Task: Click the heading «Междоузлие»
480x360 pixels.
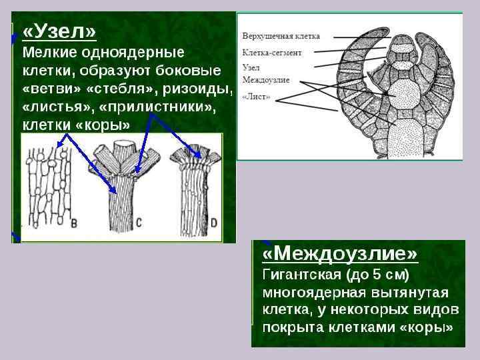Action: point(340,254)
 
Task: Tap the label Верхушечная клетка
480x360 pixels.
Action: point(281,36)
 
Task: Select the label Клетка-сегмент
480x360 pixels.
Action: point(271,51)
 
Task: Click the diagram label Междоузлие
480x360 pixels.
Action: point(265,80)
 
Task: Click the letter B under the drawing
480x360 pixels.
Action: point(74,223)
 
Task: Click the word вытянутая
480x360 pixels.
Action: point(406,293)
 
